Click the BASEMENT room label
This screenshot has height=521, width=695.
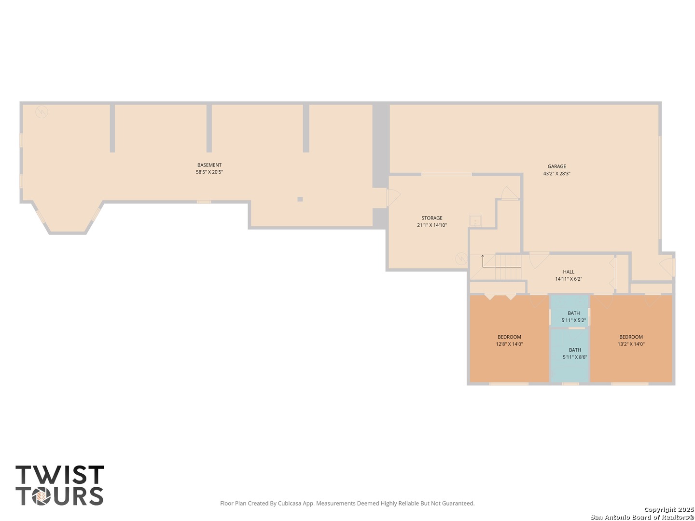209,165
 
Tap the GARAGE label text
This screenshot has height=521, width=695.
556,166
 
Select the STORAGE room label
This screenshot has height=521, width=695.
432,218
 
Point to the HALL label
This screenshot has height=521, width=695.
569,272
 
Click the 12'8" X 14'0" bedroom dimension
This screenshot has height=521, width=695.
509,344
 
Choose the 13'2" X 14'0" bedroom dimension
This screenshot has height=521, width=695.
631,344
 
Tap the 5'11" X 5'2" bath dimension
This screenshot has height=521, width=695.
574,320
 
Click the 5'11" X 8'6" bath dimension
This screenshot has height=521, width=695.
575,357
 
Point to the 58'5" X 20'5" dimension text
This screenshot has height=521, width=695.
209,172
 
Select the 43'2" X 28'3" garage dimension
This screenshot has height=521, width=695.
556,173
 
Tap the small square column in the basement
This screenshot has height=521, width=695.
300,199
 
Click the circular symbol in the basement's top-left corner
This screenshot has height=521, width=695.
42,112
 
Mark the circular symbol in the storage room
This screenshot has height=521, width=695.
461,259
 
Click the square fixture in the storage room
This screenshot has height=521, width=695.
475,221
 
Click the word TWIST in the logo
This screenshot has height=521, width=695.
60,475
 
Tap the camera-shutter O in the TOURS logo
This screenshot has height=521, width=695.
41,496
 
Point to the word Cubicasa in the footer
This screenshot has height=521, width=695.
289,503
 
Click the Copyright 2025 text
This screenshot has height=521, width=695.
669,509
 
